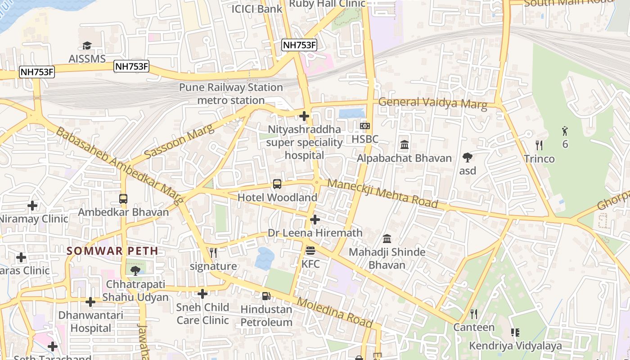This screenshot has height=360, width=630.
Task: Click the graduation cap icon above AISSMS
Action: tap(87, 45)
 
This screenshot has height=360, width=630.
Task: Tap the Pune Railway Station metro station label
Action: tap(231, 94)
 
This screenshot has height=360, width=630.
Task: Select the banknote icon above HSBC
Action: tap(365, 126)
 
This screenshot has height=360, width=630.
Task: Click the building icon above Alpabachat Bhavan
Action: tap(404, 145)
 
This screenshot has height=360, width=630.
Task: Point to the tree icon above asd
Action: tap(468, 157)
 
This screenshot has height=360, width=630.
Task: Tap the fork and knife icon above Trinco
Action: tap(539, 145)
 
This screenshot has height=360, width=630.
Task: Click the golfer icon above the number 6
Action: tap(565, 131)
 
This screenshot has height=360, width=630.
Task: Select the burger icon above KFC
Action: tap(310, 251)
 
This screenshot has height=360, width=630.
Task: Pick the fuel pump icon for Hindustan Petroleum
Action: tap(266, 296)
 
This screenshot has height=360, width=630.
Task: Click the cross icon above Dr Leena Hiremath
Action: tap(315, 220)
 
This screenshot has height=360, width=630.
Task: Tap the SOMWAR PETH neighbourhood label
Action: tap(112, 251)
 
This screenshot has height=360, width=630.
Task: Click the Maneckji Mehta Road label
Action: tap(382, 193)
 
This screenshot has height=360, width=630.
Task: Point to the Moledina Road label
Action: tap(335, 312)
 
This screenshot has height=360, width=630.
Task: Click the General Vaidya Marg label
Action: tap(432, 103)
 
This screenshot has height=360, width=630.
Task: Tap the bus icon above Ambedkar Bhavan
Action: tap(123, 198)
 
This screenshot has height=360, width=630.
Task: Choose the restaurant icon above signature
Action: tap(213, 253)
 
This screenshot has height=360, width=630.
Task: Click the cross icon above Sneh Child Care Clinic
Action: tap(202, 294)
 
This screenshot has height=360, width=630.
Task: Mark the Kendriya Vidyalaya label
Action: tap(515, 346)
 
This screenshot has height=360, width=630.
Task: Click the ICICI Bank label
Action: tap(256, 9)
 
